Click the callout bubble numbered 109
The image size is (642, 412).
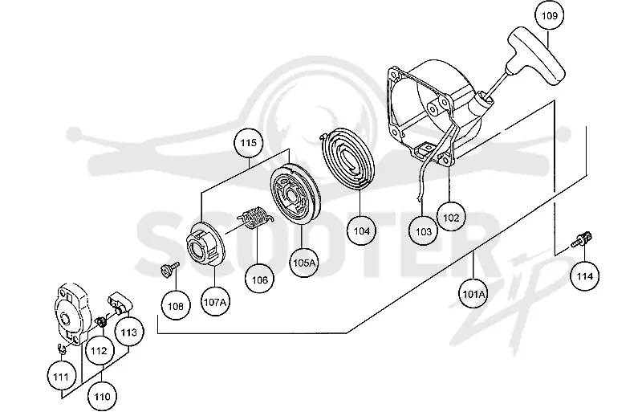549,15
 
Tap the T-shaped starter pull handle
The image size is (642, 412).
536,56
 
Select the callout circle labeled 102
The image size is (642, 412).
451,218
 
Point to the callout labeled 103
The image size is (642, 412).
424,231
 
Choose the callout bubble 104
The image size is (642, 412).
361,230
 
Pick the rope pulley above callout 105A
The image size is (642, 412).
295,193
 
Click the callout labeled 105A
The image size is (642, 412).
304,263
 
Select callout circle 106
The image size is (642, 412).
259,279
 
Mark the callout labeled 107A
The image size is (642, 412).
215,302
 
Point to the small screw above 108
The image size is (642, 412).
169,268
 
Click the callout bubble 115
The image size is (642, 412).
248,143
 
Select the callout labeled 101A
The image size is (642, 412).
473,294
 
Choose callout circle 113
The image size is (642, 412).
129,332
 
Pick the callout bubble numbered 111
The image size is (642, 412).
61,376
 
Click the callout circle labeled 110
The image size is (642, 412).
102,397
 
